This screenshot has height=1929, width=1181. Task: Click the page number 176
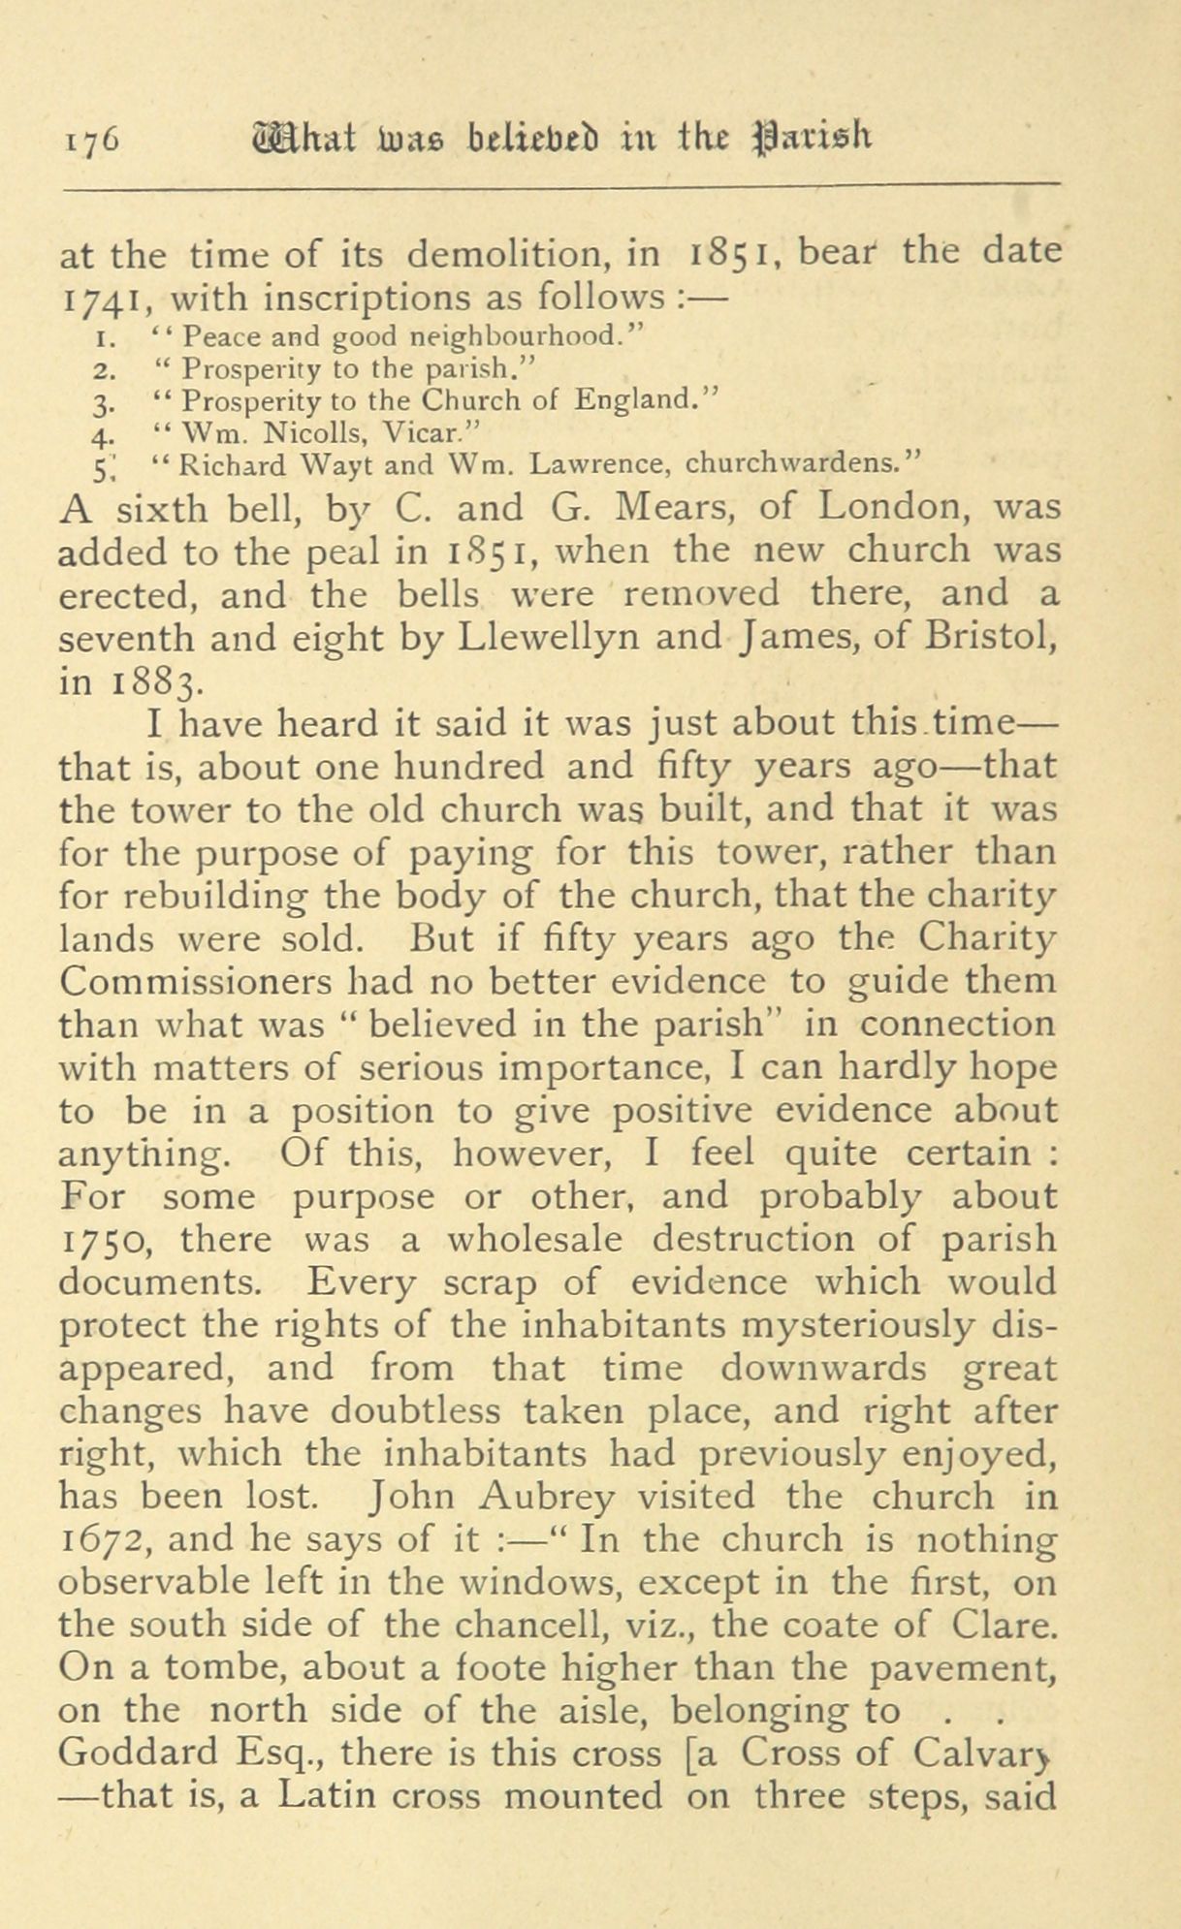89,139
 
